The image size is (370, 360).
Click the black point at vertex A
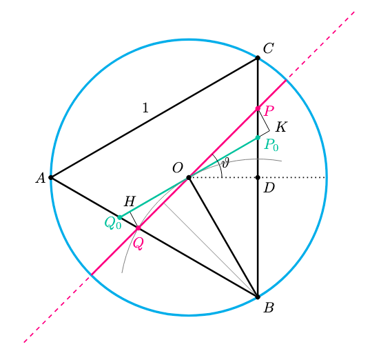[51, 177]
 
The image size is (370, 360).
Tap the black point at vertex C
[258, 58]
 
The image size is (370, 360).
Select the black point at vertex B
[258, 297]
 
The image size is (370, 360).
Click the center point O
[189, 177]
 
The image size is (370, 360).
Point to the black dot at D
[258, 177]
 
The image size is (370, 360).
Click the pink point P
[258, 108]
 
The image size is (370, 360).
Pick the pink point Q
[138, 228]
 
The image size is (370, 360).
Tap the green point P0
[258, 137]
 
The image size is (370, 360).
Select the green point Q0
[120, 217]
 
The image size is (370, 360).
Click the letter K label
[281, 127]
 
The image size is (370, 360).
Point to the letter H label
[130, 201]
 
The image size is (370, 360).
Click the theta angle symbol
[225, 163]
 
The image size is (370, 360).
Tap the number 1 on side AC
[145, 108]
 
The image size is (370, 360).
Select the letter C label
[268, 48]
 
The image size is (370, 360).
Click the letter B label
[269, 308]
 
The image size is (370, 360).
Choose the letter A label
[41, 178]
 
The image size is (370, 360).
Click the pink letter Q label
[138, 243]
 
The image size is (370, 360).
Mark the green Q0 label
[113, 223]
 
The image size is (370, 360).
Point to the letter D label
[269, 188]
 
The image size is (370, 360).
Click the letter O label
[178, 168]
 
